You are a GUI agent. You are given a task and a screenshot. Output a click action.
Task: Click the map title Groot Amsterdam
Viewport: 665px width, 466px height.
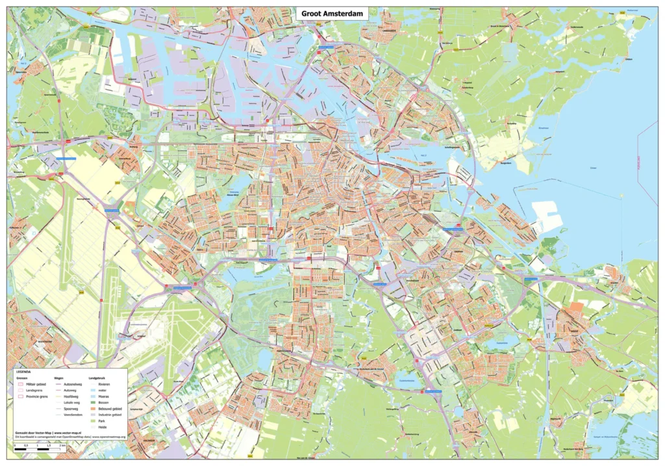[x=332, y=13]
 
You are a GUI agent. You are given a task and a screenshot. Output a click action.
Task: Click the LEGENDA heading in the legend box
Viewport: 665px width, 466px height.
[x=23, y=372]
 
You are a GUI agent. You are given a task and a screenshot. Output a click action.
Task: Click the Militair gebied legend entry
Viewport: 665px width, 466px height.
[x=36, y=384]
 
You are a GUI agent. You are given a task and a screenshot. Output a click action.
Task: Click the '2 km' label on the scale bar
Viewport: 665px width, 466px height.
[x=62, y=445]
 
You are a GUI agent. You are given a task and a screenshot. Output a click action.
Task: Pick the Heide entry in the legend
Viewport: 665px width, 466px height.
[x=103, y=427]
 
